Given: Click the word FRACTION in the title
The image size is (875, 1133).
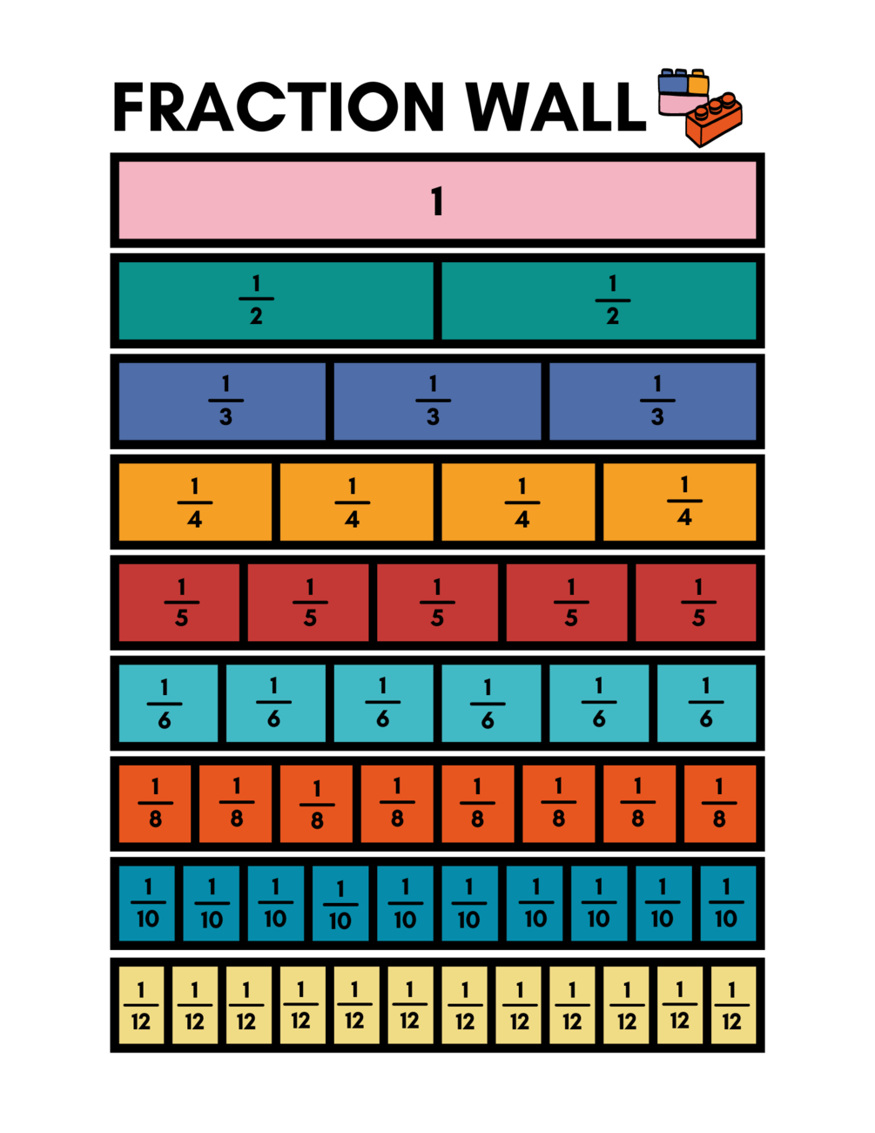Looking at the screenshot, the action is (x=279, y=106).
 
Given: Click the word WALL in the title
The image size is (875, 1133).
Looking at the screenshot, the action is (x=555, y=106).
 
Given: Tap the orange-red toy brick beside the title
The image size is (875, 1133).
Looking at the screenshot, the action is (x=713, y=120).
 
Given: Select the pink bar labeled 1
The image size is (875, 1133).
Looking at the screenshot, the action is (x=437, y=200).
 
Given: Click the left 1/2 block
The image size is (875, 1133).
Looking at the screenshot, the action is (x=276, y=300).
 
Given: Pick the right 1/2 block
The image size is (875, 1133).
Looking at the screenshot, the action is (x=599, y=300).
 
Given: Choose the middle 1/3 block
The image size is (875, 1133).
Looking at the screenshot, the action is (x=437, y=401).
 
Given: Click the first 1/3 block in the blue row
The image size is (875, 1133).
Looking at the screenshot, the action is (x=222, y=401).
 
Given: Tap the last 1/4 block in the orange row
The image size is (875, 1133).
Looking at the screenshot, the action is (x=680, y=502).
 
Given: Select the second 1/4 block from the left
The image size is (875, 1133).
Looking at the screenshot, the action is (x=356, y=502).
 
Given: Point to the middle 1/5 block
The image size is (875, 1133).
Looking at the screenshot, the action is (x=437, y=603).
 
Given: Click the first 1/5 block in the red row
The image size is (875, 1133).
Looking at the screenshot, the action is (x=179, y=603).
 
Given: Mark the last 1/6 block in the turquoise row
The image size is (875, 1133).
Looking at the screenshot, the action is (x=707, y=704).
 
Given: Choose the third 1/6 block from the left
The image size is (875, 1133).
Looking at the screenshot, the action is (x=384, y=704).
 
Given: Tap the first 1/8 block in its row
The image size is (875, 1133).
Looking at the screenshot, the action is (x=155, y=804).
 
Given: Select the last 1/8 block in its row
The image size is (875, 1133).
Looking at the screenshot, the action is (x=720, y=804).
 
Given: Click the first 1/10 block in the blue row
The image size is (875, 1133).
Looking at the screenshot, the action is (x=147, y=904).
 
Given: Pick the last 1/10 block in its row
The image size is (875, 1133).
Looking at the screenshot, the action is (x=728, y=904).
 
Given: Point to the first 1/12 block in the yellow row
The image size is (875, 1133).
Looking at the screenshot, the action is (x=141, y=1005).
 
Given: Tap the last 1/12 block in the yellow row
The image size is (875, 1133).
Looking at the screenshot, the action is (x=734, y=1005).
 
